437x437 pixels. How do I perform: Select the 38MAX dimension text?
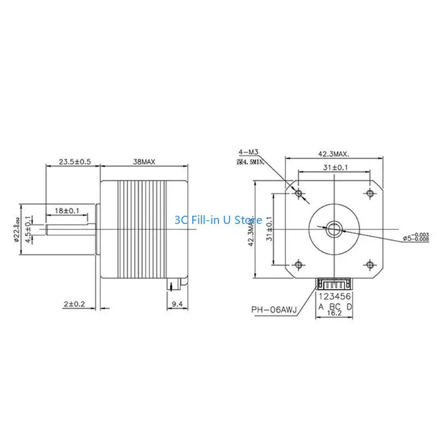pos(145,162)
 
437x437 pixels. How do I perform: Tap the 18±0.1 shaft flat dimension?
pos(68,210)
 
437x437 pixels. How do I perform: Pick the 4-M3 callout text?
pos(249,151)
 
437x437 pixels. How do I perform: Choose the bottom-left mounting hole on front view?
pos(298,264)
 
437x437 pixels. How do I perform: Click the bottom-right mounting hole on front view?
pos(370,264)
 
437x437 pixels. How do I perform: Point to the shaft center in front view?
pos(334,229)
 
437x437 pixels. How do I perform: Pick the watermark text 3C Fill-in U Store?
pos(218,220)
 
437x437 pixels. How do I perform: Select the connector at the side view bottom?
pos(174,285)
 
